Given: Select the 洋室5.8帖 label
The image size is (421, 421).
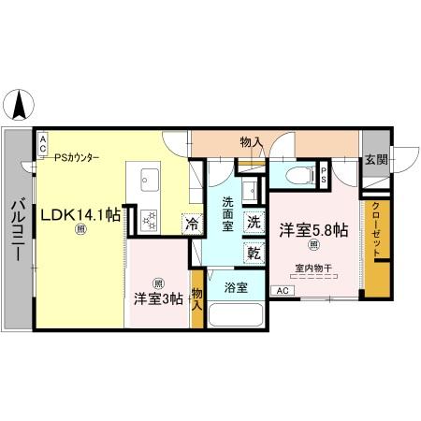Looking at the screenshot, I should coord(312,229).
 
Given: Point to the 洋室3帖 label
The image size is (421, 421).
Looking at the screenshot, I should coord(157,298).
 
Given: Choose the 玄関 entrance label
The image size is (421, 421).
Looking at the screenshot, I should coord(375,159).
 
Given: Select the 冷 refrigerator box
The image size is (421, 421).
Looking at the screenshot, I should coord(190,225).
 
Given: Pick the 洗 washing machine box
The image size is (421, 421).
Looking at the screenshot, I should coord(254,223).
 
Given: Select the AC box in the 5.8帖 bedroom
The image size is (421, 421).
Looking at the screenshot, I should coord(282,291).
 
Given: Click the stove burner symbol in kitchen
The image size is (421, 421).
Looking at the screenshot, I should coord(149,220).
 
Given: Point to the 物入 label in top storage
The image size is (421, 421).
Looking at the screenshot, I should coord(250,141).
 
